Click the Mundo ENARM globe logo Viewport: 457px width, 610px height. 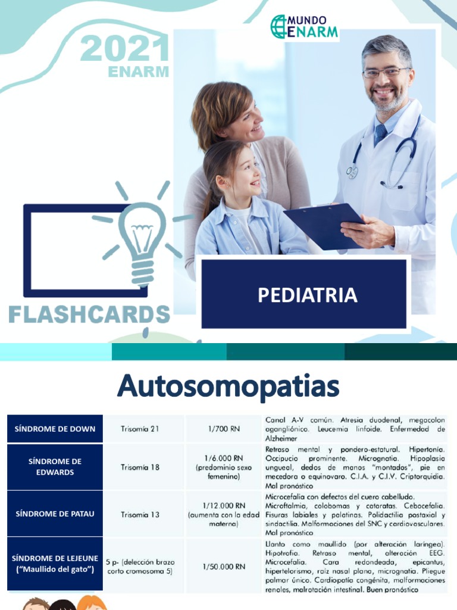(x=278, y=27)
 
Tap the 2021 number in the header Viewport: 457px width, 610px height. (x=125, y=48)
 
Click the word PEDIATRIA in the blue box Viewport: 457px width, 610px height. (x=307, y=295)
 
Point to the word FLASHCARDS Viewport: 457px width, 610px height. (x=89, y=314)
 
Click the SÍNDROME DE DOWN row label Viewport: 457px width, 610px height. (x=55, y=429)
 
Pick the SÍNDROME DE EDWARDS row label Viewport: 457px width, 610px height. (x=55, y=467)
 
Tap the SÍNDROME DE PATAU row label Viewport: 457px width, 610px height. (x=55, y=514)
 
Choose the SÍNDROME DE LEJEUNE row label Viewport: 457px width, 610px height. (x=55, y=564)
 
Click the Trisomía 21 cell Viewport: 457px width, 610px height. (x=140, y=429)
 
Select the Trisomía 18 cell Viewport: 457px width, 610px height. (x=140, y=468)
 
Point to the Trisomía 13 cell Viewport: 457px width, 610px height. (x=140, y=514)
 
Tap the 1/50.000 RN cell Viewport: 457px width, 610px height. (x=223, y=567)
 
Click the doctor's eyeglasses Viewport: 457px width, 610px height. (x=385, y=72)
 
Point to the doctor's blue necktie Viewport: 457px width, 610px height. (x=380, y=135)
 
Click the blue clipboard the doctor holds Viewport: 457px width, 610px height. (x=324, y=226)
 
